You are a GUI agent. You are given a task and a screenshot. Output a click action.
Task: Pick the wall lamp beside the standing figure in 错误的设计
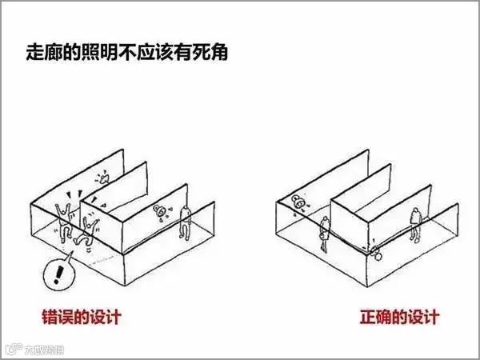(x=161, y=211)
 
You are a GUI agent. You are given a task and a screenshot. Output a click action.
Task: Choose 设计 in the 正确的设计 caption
(x=422, y=317)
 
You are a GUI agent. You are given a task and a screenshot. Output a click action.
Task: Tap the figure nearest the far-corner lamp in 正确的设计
(x=326, y=232)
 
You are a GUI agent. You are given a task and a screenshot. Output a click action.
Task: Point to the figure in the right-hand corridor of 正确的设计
(x=415, y=224)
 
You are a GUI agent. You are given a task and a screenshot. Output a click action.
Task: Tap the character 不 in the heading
(x=136, y=56)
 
